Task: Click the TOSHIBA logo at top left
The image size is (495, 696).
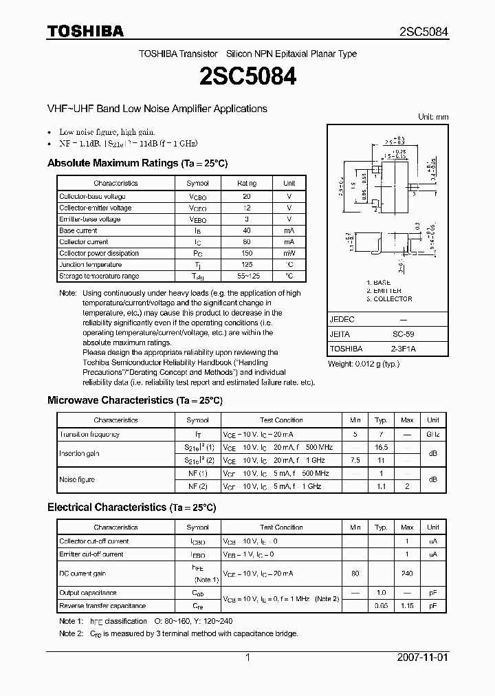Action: click(85, 31)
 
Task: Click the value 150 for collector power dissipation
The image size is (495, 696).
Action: click(247, 253)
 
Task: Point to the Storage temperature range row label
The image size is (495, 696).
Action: click(98, 276)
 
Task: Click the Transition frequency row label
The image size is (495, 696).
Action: click(89, 435)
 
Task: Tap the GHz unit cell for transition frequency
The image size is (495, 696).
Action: click(432, 435)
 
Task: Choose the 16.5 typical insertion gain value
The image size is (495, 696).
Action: click(381, 447)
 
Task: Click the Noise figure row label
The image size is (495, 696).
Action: click(77, 479)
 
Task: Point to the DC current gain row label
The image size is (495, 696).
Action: click(82, 574)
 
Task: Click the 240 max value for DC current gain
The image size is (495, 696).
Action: click(407, 574)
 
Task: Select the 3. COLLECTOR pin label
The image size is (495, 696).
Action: click(389, 299)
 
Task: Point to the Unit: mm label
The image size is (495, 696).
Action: click(433, 118)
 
